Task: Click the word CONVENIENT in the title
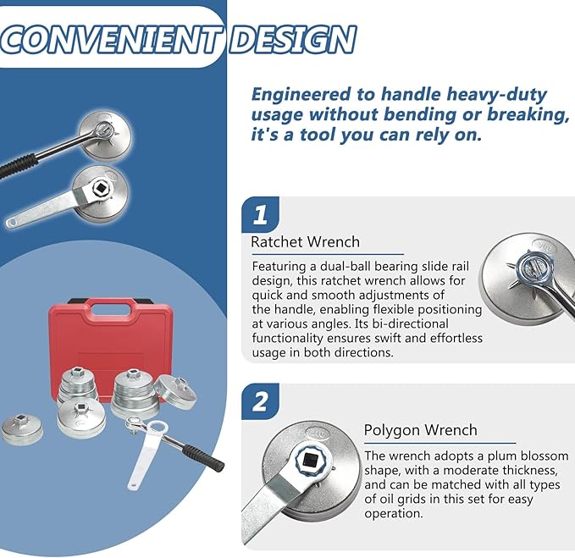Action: click(x=109, y=40)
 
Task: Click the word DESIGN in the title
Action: click(x=293, y=40)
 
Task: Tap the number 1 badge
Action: click(x=260, y=214)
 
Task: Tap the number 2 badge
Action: click(x=260, y=401)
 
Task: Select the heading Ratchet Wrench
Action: click(x=305, y=242)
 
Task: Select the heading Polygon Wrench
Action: click(x=420, y=430)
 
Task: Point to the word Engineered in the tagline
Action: click(x=301, y=96)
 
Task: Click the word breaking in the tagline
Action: click(x=528, y=115)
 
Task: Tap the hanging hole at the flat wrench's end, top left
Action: click(x=11, y=222)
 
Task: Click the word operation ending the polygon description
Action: click(x=394, y=514)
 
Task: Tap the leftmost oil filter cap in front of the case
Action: click(x=22, y=429)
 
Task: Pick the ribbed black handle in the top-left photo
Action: click(x=18, y=166)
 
